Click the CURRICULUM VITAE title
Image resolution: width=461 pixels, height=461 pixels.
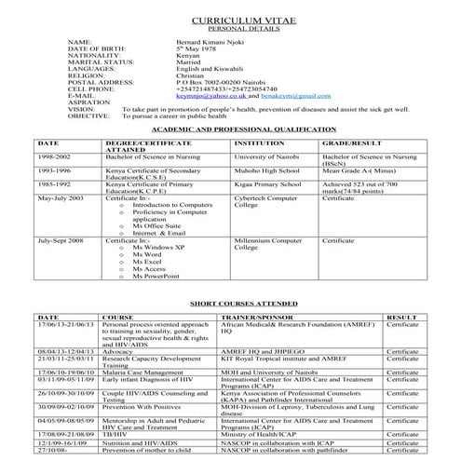[230, 19]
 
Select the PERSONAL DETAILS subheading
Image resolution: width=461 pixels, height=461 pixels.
[230, 30]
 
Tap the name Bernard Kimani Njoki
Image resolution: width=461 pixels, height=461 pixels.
[211, 42]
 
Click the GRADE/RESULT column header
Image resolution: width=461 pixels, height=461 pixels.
[352, 144]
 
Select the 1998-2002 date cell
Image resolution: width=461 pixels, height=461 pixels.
[53, 159]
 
